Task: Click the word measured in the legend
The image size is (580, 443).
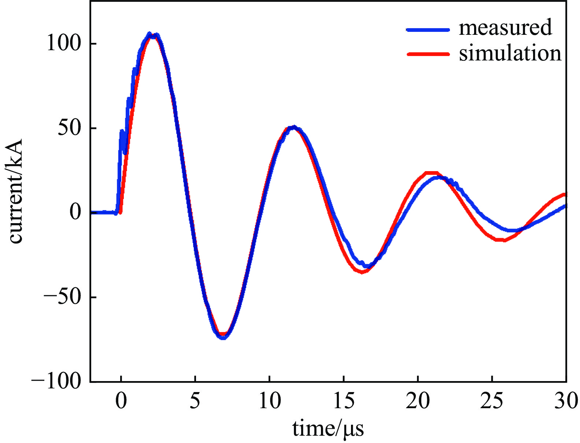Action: click(505, 28)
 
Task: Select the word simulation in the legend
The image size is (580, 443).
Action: click(510, 53)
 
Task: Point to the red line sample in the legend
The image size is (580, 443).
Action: click(428, 54)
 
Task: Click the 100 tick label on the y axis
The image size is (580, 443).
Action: click(63, 43)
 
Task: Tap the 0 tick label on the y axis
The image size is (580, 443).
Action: click(75, 213)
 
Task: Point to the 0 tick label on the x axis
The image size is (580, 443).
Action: click(121, 401)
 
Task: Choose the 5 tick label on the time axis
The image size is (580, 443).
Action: click(195, 401)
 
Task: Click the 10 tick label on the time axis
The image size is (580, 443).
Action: click(270, 401)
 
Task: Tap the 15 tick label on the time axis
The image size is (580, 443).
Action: click(344, 401)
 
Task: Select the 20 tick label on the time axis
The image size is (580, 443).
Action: click(418, 401)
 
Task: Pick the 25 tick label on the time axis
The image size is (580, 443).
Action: click(492, 401)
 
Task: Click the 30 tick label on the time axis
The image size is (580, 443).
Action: click(566, 401)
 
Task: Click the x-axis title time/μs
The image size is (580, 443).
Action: click(328, 428)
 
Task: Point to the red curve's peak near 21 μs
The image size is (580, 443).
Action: click(431, 173)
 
